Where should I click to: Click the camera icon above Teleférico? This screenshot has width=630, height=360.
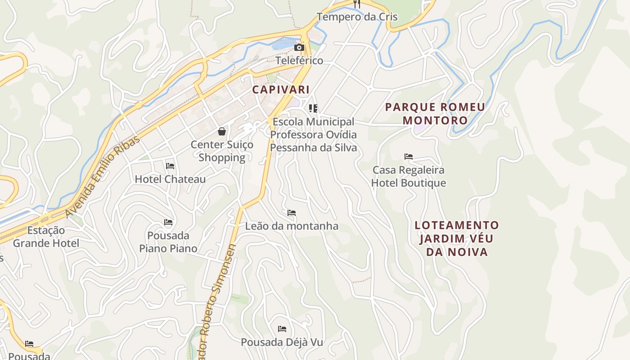(299, 47)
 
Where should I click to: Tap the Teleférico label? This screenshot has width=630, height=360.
(299, 60)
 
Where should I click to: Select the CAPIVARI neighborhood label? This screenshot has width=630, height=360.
(281, 89)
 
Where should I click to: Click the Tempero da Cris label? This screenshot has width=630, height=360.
(357, 17)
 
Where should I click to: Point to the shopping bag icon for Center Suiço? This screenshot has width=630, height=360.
(222, 131)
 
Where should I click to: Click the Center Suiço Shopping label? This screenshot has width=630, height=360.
(222, 151)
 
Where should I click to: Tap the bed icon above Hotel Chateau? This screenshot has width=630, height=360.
(170, 166)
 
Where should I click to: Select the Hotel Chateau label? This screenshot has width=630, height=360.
(170, 179)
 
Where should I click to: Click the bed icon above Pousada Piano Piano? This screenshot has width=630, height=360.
(168, 222)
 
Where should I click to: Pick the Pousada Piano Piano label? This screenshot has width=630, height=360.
(168, 242)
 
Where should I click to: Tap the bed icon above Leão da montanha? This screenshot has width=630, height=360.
(292, 213)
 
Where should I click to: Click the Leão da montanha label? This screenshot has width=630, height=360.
(292, 226)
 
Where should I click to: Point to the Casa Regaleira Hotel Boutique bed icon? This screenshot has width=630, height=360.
(409, 157)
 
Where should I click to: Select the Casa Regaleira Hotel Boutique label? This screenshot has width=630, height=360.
(409, 176)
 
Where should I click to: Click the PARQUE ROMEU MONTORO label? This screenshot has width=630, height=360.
(435, 114)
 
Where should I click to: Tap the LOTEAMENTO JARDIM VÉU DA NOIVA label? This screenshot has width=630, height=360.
(457, 238)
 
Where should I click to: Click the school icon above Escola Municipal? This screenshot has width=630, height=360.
(313, 108)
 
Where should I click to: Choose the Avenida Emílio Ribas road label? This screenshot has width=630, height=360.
(103, 177)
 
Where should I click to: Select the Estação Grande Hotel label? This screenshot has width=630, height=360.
(46, 237)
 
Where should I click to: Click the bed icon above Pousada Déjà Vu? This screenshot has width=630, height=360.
(282, 329)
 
